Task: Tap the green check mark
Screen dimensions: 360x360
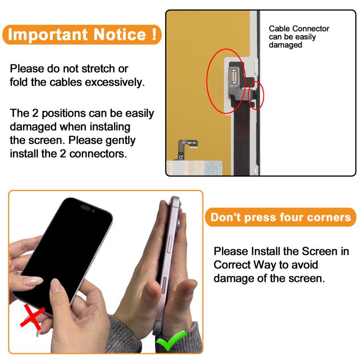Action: [171, 341]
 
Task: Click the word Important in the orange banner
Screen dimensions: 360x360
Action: [48, 35]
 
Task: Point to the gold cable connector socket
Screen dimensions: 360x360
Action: [234, 77]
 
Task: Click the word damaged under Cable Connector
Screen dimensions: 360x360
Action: [286, 45]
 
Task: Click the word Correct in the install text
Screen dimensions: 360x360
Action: [232, 264]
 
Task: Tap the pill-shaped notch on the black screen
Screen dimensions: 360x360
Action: [85, 208]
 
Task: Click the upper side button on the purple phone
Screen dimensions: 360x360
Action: [170, 244]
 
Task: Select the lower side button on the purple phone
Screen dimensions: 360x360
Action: [164, 286]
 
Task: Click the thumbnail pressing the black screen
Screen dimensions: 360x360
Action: [55, 286]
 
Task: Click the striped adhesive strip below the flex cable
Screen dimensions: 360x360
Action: [194, 168]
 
